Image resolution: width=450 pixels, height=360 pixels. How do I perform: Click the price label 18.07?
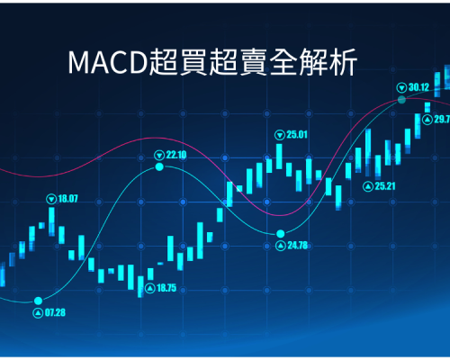(67, 199)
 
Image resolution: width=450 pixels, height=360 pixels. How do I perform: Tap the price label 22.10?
(176, 155)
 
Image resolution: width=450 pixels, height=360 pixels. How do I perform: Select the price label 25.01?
(297, 135)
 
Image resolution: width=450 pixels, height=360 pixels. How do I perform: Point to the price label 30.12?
(419, 87)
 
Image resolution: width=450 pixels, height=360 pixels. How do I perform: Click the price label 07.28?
(55, 312)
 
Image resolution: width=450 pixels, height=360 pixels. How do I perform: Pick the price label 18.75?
(166, 288)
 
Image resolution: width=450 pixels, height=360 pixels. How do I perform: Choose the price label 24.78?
(298, 246)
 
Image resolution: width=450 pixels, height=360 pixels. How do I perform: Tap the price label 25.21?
(385, 186)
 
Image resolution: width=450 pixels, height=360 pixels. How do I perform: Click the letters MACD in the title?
(108, 63)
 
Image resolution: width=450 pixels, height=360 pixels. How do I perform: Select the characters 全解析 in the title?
(313, 62)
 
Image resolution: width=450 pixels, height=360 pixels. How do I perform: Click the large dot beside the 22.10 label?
(159, 166)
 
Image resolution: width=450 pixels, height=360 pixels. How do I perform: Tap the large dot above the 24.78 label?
(281, 233)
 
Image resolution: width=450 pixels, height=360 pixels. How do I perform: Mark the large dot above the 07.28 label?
(38, 301)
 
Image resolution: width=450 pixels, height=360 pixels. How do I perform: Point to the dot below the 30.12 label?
(401, 100)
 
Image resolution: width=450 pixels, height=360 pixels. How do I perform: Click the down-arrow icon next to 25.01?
(280, 135)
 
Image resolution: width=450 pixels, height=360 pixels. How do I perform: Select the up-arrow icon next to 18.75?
(150, 288)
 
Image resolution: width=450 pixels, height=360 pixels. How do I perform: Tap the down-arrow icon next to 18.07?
(51, 199)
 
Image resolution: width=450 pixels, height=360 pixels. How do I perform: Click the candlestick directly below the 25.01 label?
(279, 157)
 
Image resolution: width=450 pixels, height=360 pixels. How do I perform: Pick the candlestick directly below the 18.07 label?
(51, 221)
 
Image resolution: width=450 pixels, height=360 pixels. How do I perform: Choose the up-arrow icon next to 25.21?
(368, 186)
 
